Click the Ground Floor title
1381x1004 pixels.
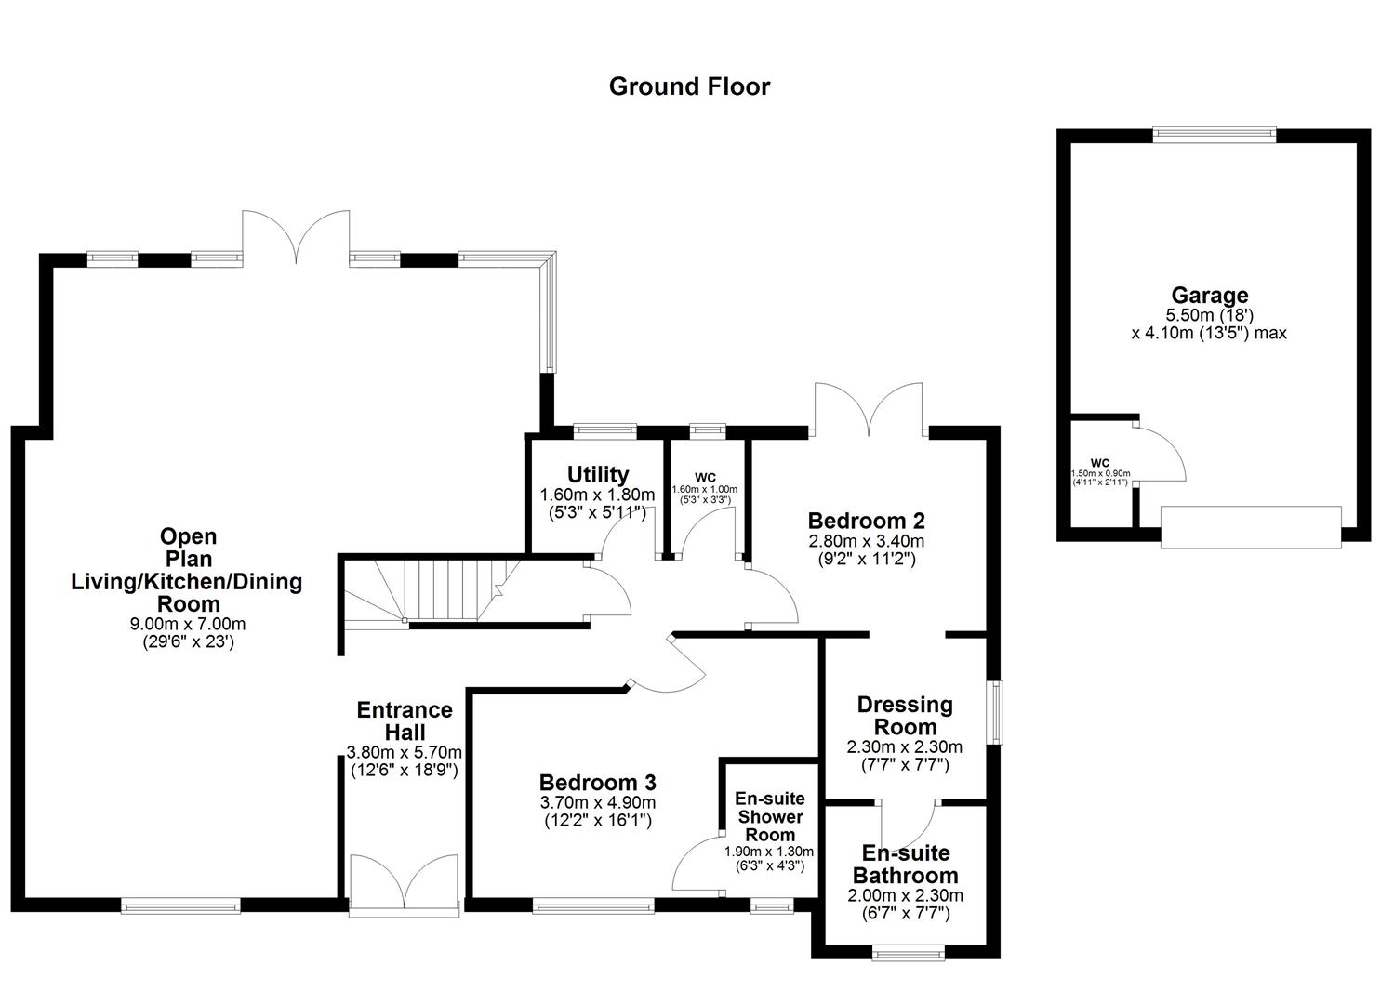[689, 86]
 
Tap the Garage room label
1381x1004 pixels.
[1209, 296]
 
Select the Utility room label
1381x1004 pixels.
[598, 475]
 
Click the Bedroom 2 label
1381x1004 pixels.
[866, 521]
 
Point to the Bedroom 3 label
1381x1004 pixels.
[598, 782]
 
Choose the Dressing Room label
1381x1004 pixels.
[904, 716]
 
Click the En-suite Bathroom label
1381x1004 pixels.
[905, 865]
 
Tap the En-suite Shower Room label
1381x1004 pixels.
[770, 816]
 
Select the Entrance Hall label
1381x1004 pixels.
[405, 721]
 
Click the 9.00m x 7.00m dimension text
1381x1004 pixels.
[188, 624]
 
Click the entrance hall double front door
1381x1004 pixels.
[404, 883]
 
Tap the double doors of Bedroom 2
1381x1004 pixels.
[869, 409]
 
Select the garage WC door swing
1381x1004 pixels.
[1159, 454]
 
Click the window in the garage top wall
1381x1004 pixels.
[1214, 135]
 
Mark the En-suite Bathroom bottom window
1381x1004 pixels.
[907, 952]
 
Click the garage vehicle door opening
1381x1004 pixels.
[1251, 527]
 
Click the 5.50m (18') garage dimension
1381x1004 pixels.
[1209, 316]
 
